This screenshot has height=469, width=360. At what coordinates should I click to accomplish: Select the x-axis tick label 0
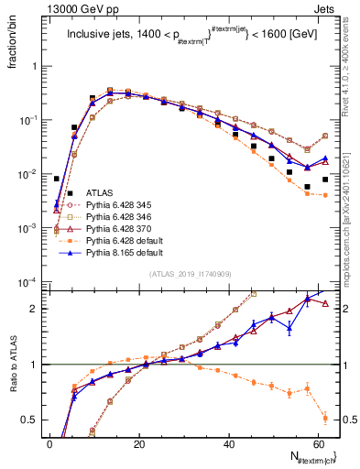point(49,442)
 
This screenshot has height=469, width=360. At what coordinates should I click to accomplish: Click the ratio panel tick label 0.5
point(29,420)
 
